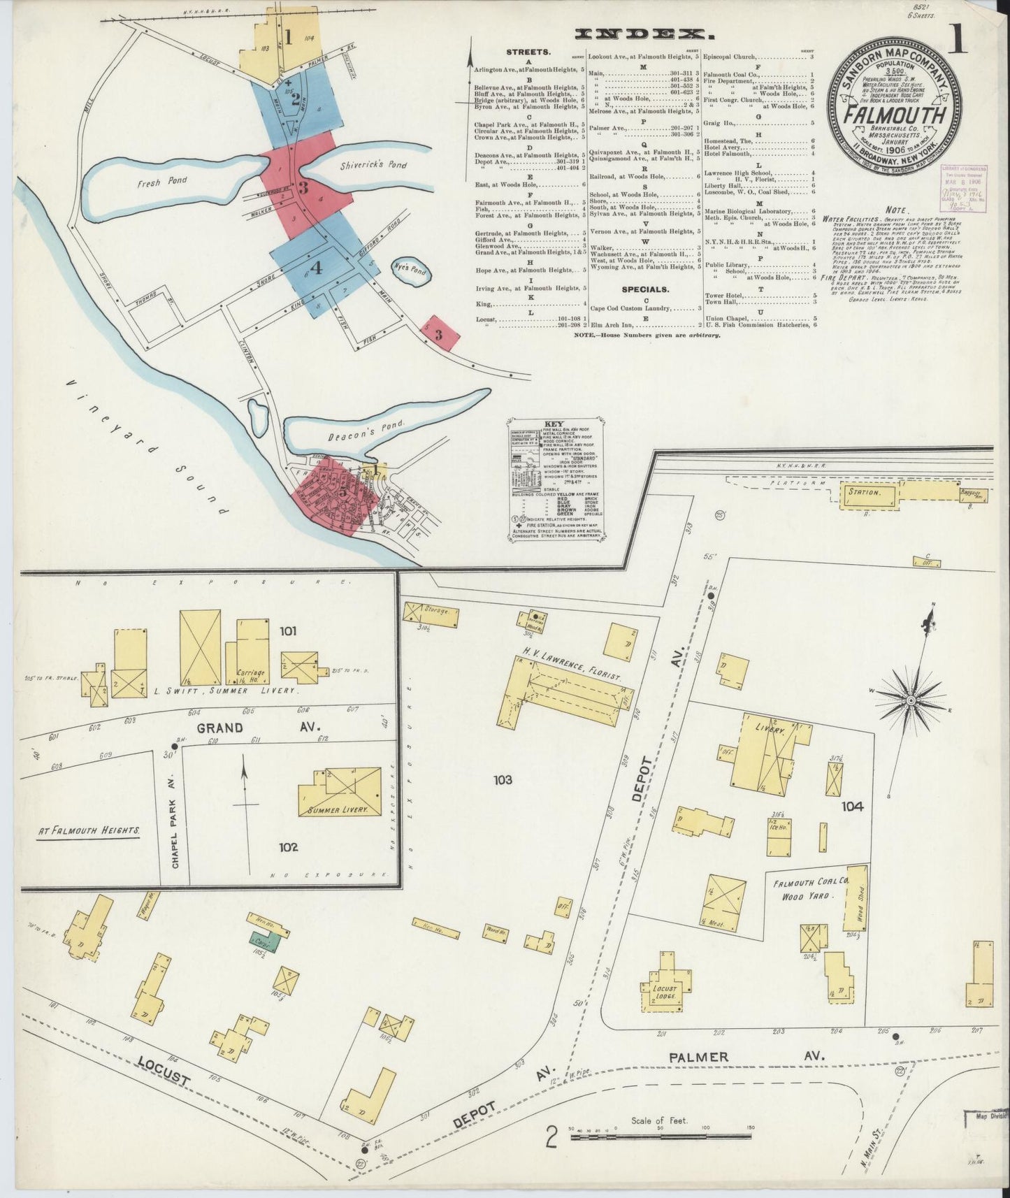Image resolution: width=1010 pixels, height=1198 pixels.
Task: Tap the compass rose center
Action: pos(911,700)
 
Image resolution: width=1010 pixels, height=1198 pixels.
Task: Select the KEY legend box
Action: pos(556,479)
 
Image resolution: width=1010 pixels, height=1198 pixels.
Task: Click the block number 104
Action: pos(852,806)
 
